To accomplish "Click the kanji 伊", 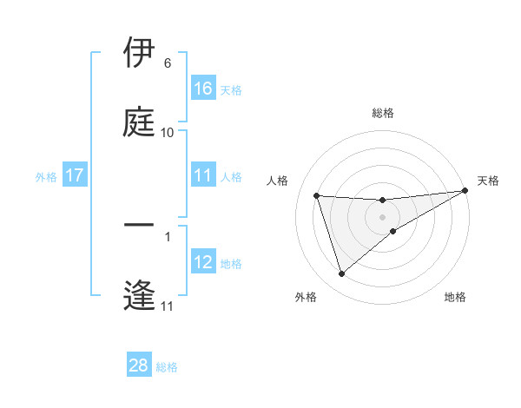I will (x=139, y=54).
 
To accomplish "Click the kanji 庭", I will (x=139, y=122).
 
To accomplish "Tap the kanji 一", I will (x=139, y=226).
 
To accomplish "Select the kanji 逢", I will (x=139, y=295).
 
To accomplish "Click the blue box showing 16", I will (x=203, y=89).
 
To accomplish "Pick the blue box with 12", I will (x=203, y=262).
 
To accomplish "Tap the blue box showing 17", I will (x=75, y=175).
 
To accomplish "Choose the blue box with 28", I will (x=139, y=365).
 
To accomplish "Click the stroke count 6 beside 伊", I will (x=168, y=63).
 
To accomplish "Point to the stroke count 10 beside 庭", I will (x=168, y=132).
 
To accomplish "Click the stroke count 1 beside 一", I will (x=168, y=235).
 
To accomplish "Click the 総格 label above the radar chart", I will (x=383, y=113).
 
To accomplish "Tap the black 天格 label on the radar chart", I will (x=488, y=181).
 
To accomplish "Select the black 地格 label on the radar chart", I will (x=455, y=297).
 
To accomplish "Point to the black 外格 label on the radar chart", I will (x=306, y=297).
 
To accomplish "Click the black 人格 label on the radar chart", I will (x=277, y=181).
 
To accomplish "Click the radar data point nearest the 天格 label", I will (x=465, y=191).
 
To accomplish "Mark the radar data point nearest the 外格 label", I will (x=341, y=274).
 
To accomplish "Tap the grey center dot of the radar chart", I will (x=383, y=217).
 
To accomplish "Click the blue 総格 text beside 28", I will (x=167, y=367).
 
